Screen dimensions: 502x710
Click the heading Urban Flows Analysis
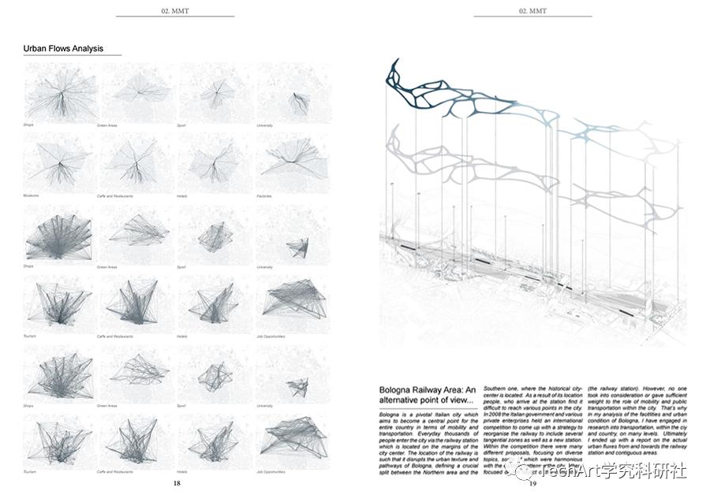[x=63, y=49]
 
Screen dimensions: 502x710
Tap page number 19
[x=533, y=483]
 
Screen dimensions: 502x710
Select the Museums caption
[x=34, y=195]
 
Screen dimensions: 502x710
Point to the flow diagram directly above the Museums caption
[x=58, y=162]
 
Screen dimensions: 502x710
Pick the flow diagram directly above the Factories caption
[x=293, y=162]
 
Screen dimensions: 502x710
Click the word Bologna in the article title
[x=400, y=389]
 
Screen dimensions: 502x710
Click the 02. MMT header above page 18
[x=175, y=11]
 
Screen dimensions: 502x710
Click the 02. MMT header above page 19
[x=533, y=11]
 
